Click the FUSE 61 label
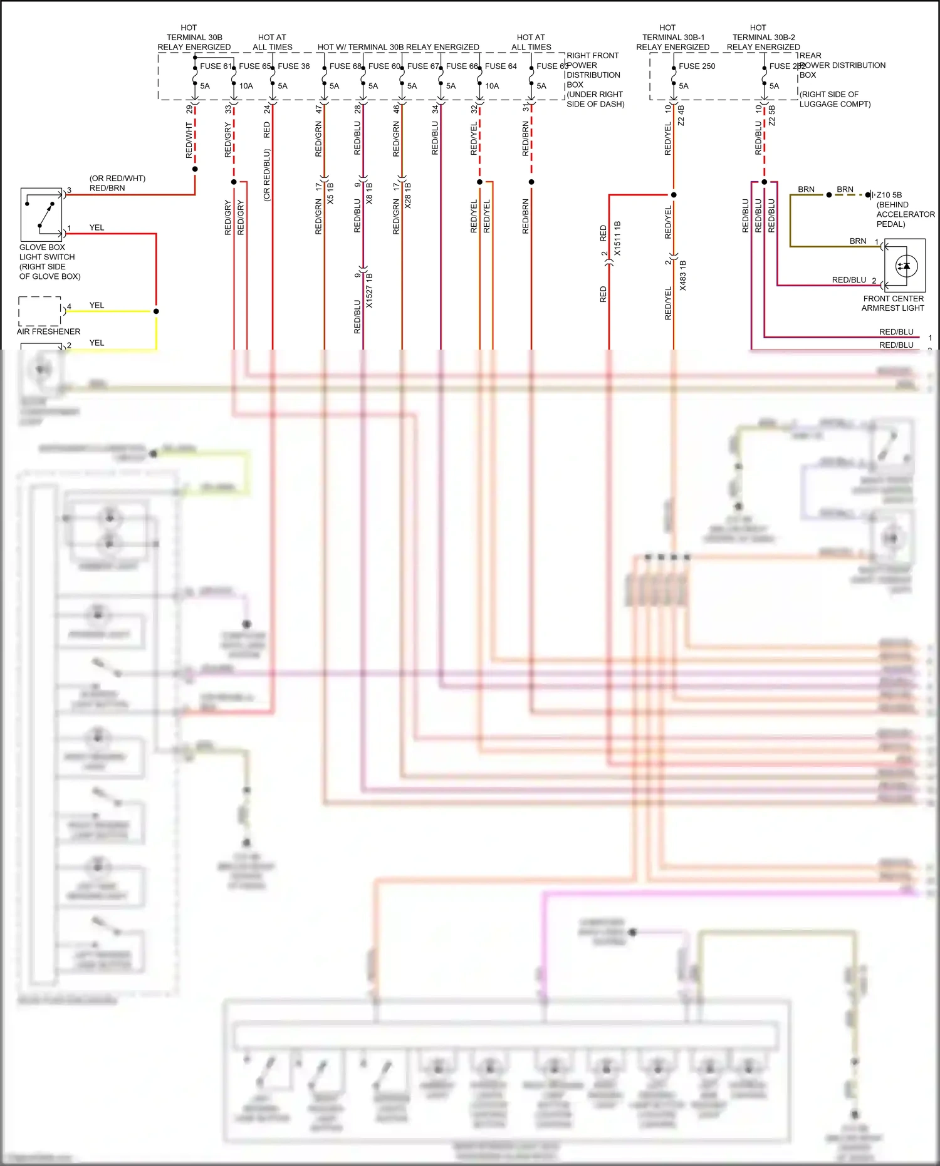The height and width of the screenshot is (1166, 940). [x=216, y=66]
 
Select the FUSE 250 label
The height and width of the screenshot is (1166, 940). [x=697, y=66]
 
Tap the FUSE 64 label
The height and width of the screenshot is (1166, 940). [x=501, y=66]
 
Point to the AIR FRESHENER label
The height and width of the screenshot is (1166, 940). [x=48, y=331]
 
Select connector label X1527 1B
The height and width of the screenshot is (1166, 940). [x=369, y=290]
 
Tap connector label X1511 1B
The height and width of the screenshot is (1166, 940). [x=617, y=238]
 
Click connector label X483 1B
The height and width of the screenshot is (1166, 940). [x=682, y=276]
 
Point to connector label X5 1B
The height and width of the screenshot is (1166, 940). [x=330, y=193]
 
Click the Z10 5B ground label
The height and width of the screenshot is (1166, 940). [x=889, y=195]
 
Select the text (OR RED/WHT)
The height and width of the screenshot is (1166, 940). [x=117, y=179]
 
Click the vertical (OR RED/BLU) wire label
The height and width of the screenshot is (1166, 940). [x=267, y=175]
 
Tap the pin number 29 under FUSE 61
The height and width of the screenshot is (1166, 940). [x=189, y=109]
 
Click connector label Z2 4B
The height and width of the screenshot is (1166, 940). [x=681, y=115]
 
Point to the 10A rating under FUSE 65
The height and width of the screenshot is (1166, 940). [x=246, y=86]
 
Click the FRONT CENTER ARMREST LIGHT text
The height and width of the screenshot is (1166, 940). [x=893, y=303]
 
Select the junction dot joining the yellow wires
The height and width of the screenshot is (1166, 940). [x=156, y=311]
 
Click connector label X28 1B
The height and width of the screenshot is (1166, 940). [x=408, y=195]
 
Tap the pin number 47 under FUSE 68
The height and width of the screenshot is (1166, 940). [x=319, y=109]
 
